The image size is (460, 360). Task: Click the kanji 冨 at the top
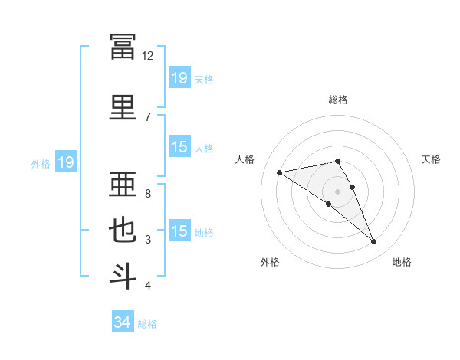tap(123, 47)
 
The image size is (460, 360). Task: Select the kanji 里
tap(123, 107)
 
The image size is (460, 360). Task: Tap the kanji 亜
tap(123, 184)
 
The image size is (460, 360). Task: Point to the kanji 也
tap(123, 230)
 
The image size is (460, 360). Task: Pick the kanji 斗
tap(123, 277)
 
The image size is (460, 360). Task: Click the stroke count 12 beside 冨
tap(147, 56)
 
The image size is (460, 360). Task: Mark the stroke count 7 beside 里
tap(148, 117)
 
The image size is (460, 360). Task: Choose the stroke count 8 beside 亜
tap(148, 194)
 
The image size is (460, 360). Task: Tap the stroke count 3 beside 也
tap(148, 240)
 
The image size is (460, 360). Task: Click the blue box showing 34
tap(123, 321)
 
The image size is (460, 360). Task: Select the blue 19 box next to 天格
tap(180, 77)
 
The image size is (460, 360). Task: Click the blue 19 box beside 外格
tap(66, 162)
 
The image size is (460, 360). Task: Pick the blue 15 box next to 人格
tap(180, 146)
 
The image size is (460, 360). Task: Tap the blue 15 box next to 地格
tap(180, 230)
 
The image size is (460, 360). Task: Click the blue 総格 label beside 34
tap(147, 324)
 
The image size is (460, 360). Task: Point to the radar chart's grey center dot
tap(337, 191)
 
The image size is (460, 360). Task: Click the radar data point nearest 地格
tap(374, 241)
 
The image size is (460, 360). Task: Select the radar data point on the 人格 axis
tap(280, 172)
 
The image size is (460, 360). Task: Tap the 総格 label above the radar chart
tap(338, 100)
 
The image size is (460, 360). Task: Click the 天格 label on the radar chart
tap(431, 159)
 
